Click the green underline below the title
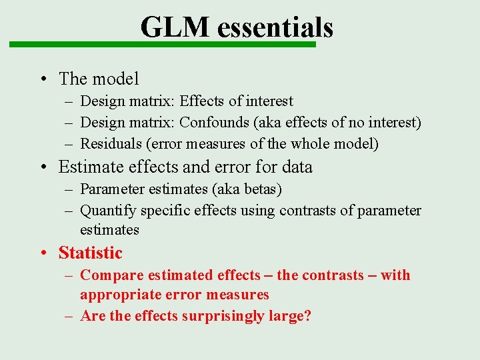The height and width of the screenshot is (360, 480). coord(161,45)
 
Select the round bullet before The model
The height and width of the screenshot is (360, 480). coord(42,79)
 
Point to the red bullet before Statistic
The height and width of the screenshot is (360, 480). coord(42,253)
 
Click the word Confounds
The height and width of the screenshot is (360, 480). coord(211,123)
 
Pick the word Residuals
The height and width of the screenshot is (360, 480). coord(111,143)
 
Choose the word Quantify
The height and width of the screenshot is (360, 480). coord(107,211)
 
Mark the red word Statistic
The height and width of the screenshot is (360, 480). coord(91,253)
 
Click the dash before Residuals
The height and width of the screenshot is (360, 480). coord(69,143)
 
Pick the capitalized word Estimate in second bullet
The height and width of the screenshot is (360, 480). coord(90,167)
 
